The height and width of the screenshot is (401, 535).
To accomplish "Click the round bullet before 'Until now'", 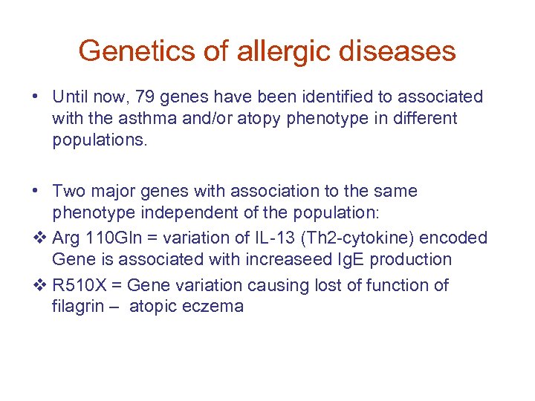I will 36,97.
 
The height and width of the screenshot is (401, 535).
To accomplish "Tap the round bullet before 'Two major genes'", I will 36,192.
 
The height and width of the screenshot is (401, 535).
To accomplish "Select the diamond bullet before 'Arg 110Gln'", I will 40,238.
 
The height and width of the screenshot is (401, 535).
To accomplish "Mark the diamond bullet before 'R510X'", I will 40,286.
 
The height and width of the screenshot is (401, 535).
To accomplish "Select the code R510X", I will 77,285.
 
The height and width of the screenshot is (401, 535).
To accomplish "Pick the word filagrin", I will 78,306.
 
